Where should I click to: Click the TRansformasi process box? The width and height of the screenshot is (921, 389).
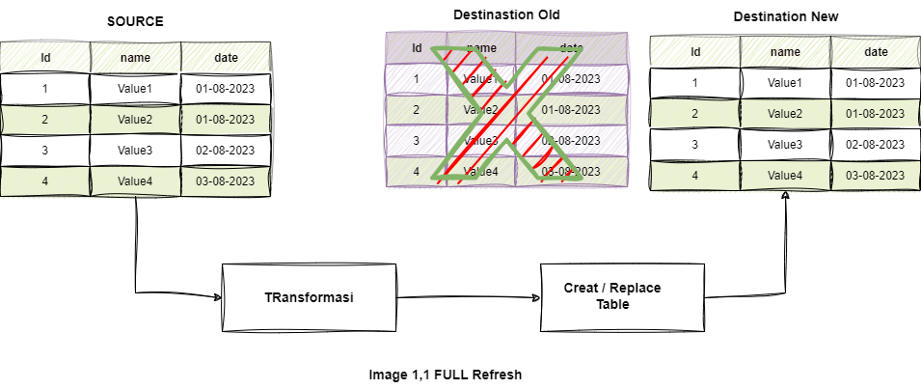point(309,296)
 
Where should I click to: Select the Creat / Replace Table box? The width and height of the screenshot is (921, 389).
point(611,296)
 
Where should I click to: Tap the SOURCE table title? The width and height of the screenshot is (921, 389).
point(135,22)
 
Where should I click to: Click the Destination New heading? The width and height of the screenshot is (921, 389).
point(785,16)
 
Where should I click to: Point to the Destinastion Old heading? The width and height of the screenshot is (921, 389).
point(506,14)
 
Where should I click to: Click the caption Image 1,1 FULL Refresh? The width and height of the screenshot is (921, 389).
point(445,374)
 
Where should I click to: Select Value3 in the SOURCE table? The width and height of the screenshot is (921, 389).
point(135,150)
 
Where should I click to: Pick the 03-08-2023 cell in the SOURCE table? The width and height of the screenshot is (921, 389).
point(226,181)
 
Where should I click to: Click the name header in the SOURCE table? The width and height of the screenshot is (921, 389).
point(135,57)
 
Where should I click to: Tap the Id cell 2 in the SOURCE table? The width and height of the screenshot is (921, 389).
point(45,120)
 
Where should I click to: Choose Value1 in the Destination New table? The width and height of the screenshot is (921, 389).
point(785,82)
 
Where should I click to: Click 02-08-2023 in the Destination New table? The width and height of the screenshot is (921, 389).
point(876,144)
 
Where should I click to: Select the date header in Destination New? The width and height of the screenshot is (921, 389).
point(876,51)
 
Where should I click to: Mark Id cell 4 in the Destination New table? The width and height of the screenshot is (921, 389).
point(695,175)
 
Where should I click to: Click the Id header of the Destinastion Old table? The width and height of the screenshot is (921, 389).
point(417,47)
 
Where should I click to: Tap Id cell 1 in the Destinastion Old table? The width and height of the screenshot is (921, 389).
point(417,78)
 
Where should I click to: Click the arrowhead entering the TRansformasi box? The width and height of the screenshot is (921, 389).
point(216,296)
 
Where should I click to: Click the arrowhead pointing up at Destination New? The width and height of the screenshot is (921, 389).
point(786,196)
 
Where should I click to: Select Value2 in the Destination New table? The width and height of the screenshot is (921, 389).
point(785,113)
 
